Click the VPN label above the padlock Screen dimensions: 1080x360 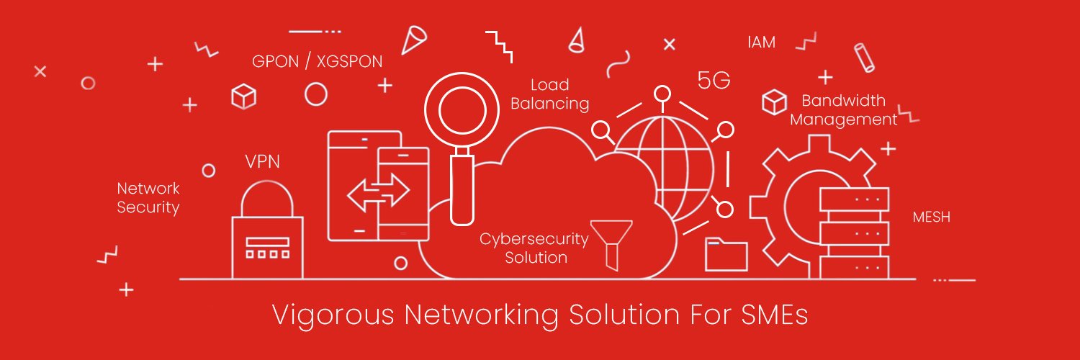coord(262,161)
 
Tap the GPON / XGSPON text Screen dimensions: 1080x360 coord(318,62)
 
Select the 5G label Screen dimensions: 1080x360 coord(714,81)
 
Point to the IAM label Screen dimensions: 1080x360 coord(761,42)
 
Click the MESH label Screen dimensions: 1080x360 coord(932,217)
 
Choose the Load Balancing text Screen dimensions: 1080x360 coord(549,94)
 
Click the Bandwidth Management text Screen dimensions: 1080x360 coord(844,110)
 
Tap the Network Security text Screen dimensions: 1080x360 coord(148,197)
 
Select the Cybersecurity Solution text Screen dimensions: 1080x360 coord(534,248)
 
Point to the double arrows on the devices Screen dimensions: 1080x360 coord(379,192)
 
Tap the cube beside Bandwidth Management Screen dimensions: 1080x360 coord(774,102)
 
